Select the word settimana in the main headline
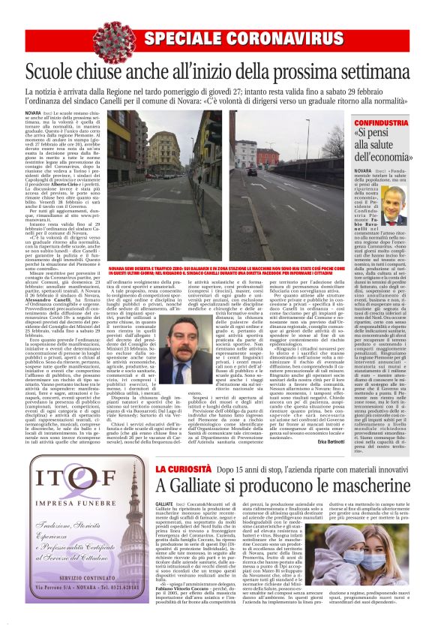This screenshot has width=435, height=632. coord(366,74)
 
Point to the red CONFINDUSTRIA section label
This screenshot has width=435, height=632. coord(382,122)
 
